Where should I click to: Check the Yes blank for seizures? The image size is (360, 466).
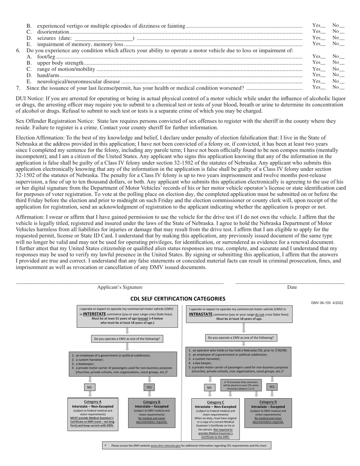pyautogui.click(x=323, y=38)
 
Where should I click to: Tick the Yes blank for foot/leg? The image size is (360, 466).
pyautogui.click(x=323, y=56)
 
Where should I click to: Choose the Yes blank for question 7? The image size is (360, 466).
pyautogui.click(x=323, y=88)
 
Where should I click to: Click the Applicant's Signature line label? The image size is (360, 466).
pyautogui.click(x=120, y=287)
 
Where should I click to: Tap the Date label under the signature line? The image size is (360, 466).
pyautogui.click(x=292, y=287)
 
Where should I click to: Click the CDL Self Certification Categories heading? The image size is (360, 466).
pyautogui.click(x=178, y=299)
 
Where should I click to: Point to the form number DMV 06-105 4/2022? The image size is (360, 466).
pyautogui.click(x=327, y=303)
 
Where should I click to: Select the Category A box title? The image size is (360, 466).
pyautogui.click(x=92, y=402)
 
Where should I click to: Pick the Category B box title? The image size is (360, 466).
pyautogui.click(x=152, y=402)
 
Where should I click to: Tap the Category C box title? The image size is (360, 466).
pyautogui.click(x=215, y=402)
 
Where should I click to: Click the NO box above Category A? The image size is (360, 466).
pyautogui.click(x=89, y=387)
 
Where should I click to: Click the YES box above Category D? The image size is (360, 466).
pyautogui.click(x=272, y=387)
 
